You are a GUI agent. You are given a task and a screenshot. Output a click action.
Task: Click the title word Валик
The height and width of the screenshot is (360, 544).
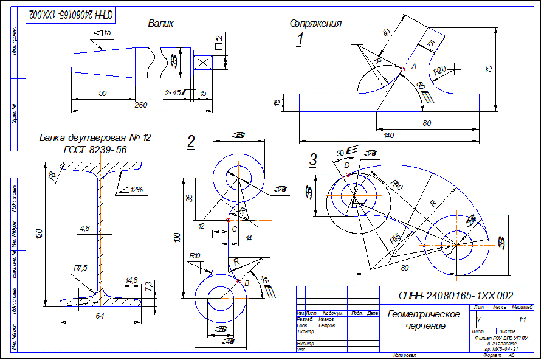click(x=161, y=24)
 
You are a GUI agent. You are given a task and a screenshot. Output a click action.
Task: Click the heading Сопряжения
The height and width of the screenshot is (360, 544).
click(x=315, y=24)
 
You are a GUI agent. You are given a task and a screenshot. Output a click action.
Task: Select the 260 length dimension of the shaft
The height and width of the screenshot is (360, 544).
click(x=140, y=105)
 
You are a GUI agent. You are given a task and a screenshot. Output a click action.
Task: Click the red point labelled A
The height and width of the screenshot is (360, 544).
click(x=402, y=69)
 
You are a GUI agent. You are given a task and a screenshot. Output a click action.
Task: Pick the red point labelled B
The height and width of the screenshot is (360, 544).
click(x=238, y=281)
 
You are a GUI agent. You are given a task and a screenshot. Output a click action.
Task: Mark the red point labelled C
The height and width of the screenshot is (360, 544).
click(x=228, y=220)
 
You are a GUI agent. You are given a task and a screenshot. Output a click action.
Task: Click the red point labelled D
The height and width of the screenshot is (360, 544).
click(x=347, y=175)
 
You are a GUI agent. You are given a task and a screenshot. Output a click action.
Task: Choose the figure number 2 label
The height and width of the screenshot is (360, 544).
click(x=191, y=142)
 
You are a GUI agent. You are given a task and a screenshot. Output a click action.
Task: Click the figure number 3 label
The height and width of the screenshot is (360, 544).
click(x=313, y=160)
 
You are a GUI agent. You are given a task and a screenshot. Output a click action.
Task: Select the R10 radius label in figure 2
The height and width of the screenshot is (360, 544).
click(x=195, y=256)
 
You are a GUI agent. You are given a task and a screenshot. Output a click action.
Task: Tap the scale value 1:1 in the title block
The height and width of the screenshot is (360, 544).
click(x=522, y=319)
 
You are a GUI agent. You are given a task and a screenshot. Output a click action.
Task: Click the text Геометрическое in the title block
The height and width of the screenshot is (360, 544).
click(x=424, y=314)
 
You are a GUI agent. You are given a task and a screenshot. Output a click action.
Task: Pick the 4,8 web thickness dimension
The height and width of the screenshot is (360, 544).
click(x=84, y=229)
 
